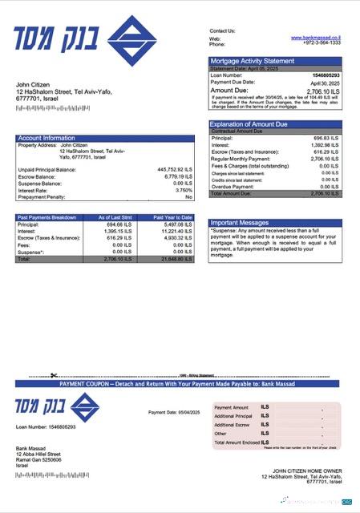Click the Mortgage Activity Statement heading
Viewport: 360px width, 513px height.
(x=252, y=61)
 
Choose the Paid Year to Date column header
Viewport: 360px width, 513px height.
(x=173, y=217)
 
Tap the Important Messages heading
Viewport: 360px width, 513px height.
(x=240, y=222)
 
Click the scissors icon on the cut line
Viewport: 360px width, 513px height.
(x=54, y=375)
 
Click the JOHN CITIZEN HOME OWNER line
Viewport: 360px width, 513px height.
(x=306, y=471)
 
